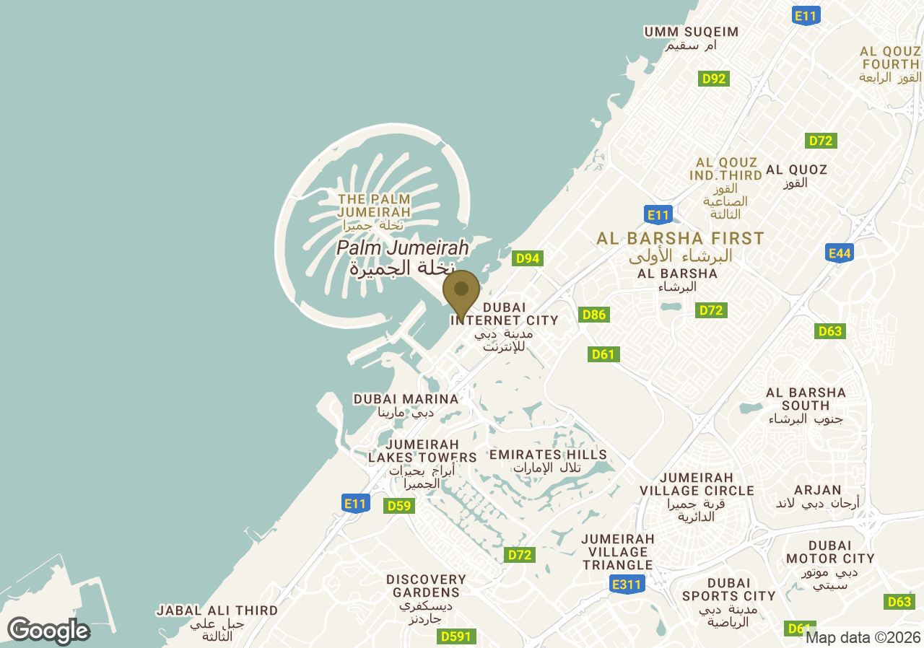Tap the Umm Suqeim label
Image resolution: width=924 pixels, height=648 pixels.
691,38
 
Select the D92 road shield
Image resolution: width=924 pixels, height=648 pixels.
713,79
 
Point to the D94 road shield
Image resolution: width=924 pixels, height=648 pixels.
527,258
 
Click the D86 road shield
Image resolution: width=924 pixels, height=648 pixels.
594,315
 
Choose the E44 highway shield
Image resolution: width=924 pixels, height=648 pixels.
840,253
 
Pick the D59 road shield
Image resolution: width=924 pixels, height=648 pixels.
398,506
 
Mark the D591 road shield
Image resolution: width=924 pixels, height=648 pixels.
456,636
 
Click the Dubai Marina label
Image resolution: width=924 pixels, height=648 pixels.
406,406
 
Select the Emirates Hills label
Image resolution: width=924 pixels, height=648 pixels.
548,460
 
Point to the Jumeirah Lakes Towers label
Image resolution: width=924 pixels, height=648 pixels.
422,463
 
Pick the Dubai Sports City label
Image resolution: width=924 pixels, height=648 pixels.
728,602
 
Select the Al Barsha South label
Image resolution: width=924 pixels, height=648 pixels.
806,406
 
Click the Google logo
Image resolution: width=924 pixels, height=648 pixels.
48,631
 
